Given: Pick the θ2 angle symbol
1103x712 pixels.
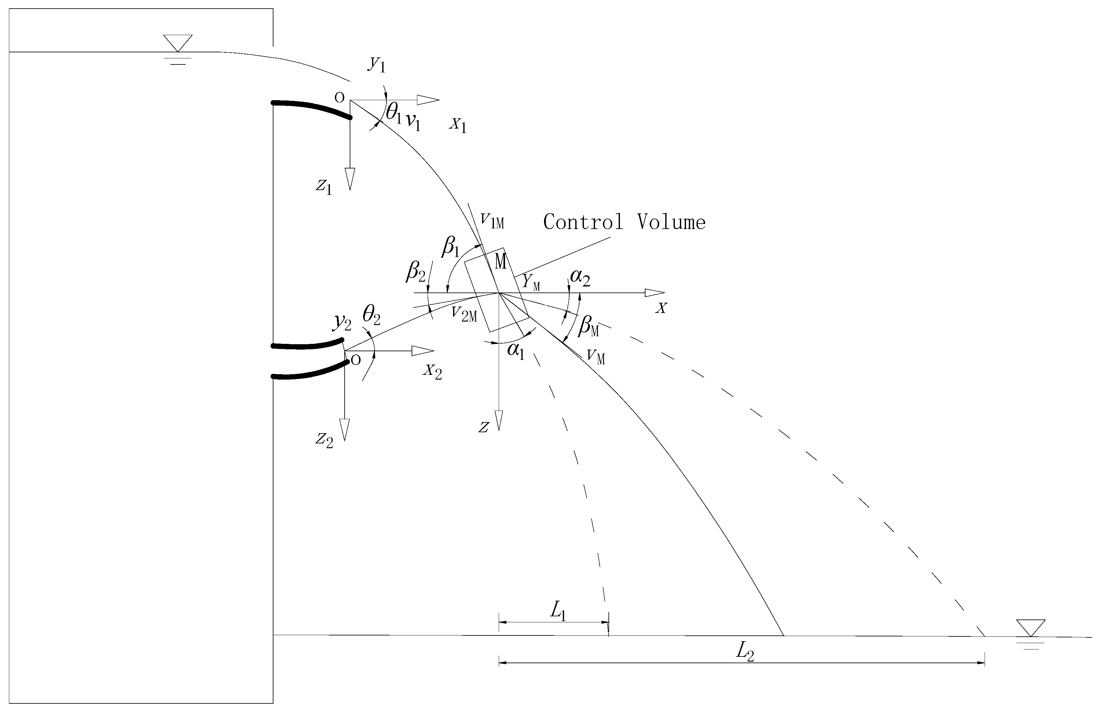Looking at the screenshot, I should (x=371, y=315).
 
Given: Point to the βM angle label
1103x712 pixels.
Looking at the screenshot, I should (x=589, y=326).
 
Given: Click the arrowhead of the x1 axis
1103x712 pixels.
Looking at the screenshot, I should (x=428, y=100).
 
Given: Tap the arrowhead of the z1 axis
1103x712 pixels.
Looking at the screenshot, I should (x=350, y=179).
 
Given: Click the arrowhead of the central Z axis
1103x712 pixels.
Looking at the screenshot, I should (x=499, y=420).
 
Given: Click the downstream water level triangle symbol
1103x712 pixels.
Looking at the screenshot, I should (x=1031, y=627).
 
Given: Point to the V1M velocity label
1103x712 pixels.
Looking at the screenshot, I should (x=492, y=220).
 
